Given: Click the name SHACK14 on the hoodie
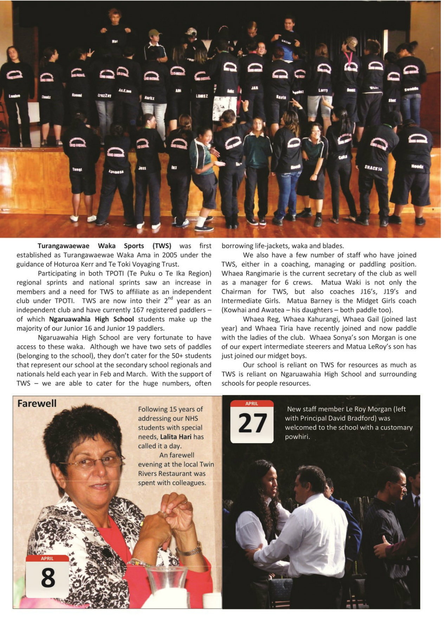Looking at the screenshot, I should (373, 168).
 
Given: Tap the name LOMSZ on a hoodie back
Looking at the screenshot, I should (202, 96).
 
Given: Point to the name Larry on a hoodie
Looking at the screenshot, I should (323, 90).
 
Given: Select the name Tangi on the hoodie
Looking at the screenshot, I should (77, 169).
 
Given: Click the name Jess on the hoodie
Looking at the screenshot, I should (142, 168).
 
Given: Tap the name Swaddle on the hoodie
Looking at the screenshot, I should (411, 89).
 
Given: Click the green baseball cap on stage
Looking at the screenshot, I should (154, 33).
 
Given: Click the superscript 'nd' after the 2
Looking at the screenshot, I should (170, 298).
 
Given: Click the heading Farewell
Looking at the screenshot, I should (37, 403).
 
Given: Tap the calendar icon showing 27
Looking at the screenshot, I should (252, 421).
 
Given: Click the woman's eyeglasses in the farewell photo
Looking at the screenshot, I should (92, 462).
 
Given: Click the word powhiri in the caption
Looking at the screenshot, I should (297, 437).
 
